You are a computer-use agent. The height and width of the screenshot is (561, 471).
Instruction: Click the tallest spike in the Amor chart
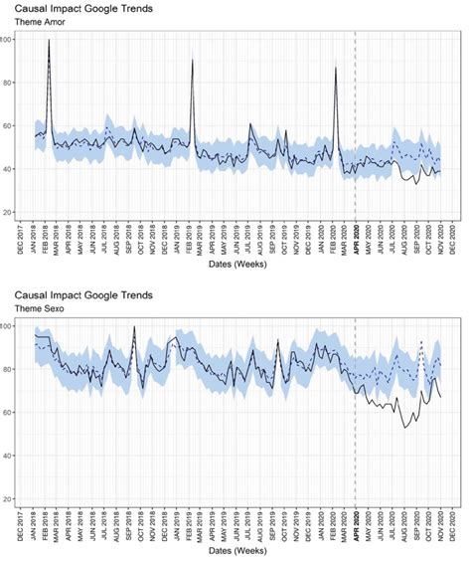click(49, 42)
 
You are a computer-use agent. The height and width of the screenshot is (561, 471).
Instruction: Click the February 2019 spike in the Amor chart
click(192, 62)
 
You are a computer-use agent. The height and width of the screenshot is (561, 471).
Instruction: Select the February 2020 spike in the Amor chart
click(337, 70)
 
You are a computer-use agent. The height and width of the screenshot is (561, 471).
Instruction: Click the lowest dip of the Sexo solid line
click(404, 428)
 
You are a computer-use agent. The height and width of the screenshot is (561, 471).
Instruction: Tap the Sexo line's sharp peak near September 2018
click(133, 326)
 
